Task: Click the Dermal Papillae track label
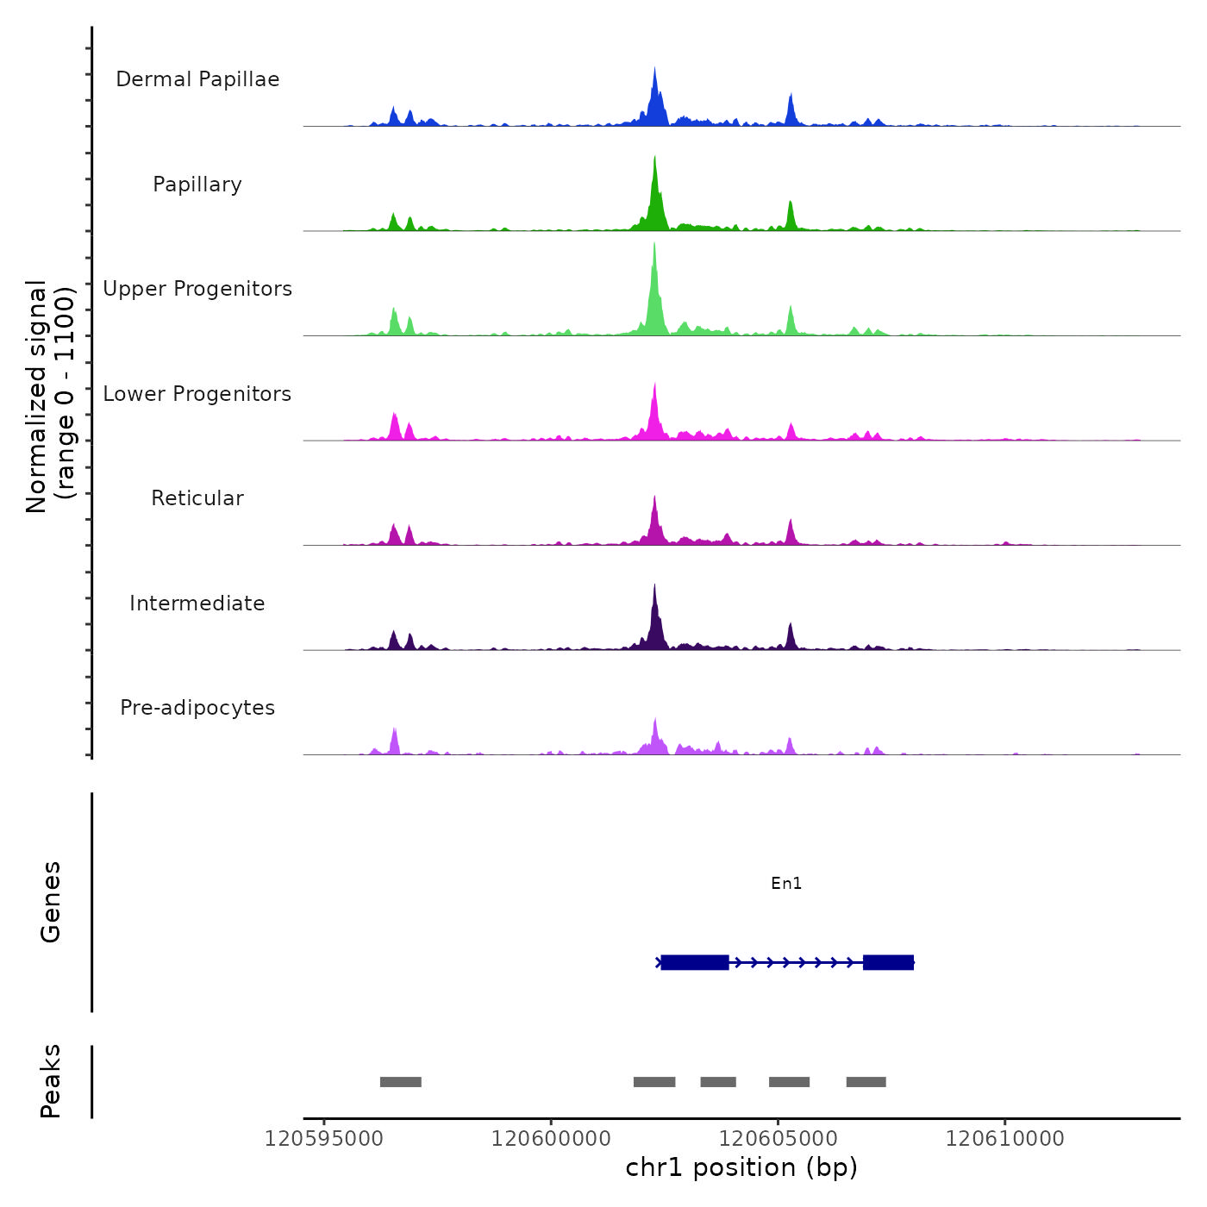pyautogui.click(x=197, y=79)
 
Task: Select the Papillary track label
pyautogui.click(x=197, y=184)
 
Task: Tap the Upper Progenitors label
pyautogui.click(x=197, y=289)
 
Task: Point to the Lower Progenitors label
pyautogui.click(x=197, y=394)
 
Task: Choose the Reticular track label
pyautogui.click(x=197, y=498)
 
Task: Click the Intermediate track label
pyautogui.click(x=197, y=603)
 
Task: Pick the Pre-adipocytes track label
pyautogui.click(x=197, y=708)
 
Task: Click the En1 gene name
pyautogui.click(x=786, y=883)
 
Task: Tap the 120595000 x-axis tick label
pyautogui.click(x=324, y=1139)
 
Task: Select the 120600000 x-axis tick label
pyautogui.click(x=551, y=1139)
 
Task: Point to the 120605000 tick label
pyautogui.click(x=778, y=1139)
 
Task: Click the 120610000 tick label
pyautogui.click(x=1004, y=1139)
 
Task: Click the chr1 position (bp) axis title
pyautogui.click(x=741, y=1167)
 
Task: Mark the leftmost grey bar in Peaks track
pyautogui.click(x=400, y=1082)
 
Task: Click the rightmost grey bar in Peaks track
pyautogui.click(x=866, y=1082)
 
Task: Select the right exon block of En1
pyautogui.click(x=888, y=962)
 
